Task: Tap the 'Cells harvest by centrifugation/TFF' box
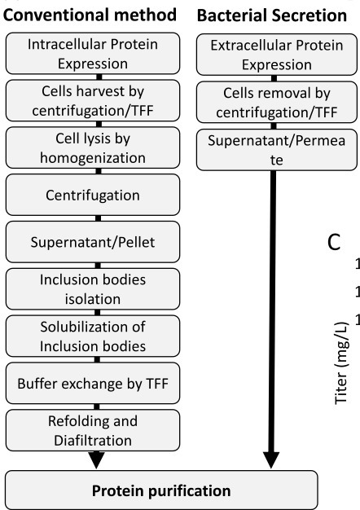(97, 101)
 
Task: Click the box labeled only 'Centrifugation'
(97, 196)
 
